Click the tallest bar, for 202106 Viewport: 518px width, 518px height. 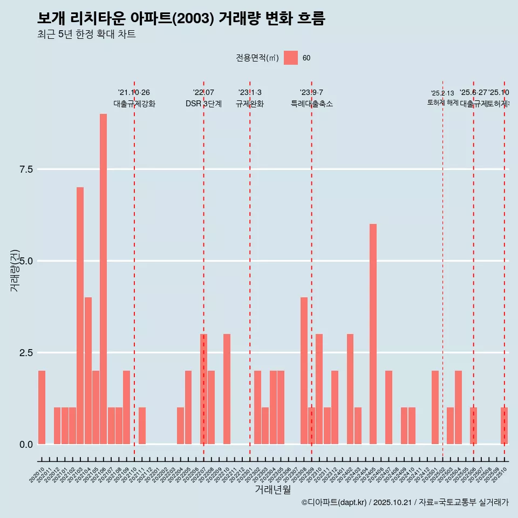103,279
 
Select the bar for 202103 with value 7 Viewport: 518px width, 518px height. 80,316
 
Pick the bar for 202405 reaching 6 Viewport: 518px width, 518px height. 373,334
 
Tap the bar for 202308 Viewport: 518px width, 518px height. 304,371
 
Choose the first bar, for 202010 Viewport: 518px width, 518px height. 42,407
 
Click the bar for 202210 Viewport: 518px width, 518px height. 227,389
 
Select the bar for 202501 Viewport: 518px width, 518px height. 435,407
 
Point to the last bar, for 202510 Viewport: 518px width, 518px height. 504,426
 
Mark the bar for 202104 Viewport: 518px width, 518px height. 88,371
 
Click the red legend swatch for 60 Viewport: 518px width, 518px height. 291,58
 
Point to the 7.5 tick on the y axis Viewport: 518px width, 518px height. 26,169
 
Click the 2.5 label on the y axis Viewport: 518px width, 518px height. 26,353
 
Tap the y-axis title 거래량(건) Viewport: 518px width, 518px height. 15,270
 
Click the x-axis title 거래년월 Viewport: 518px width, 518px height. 272,490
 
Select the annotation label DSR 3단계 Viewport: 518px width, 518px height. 203,104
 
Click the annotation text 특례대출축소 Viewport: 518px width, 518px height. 311,104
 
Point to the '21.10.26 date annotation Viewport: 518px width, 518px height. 134,93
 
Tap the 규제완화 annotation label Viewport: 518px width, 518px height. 250,104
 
